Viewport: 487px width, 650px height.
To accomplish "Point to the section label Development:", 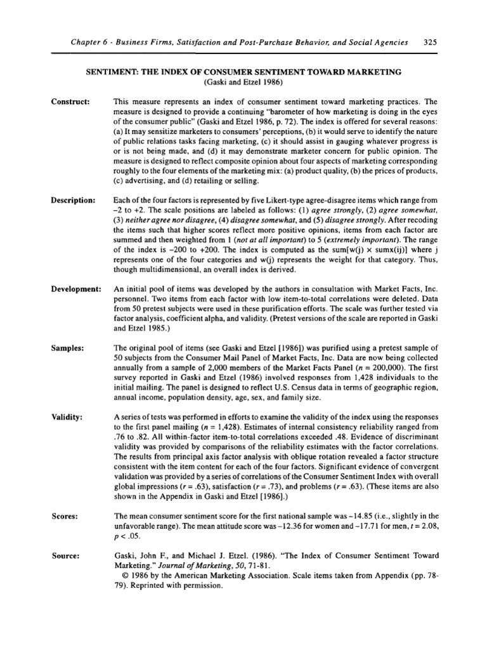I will tap(74, 289).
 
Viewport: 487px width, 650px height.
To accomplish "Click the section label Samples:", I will tap(66, 348).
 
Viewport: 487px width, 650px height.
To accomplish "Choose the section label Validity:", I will tap(66, 416).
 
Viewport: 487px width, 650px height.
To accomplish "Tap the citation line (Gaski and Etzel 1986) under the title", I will tap(243, 83).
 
